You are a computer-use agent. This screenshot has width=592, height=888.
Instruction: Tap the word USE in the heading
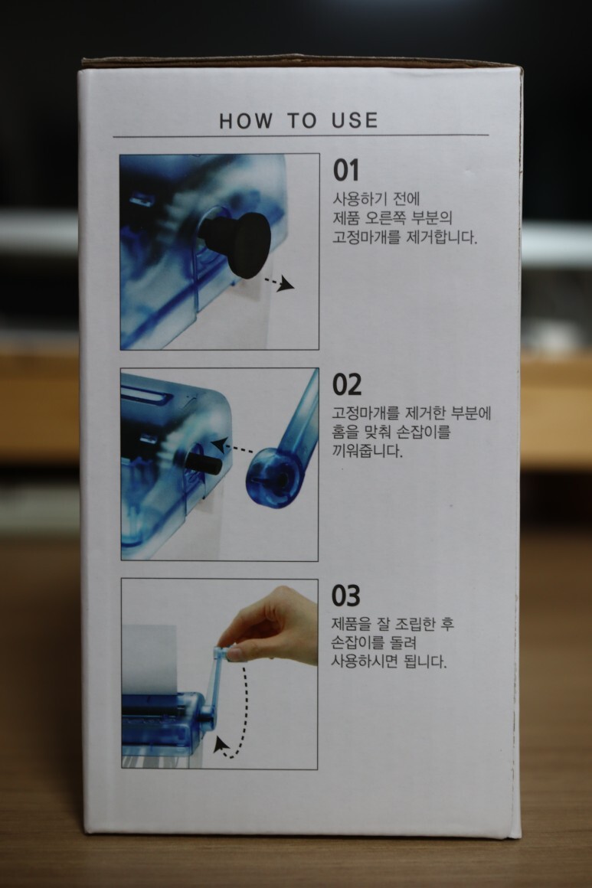tap(355, 120)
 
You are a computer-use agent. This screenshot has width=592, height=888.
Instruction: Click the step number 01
tap(345, 170)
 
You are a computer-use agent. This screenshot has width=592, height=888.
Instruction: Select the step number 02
tap(347, 384)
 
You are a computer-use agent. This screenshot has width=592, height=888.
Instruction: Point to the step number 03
tap(345, 596)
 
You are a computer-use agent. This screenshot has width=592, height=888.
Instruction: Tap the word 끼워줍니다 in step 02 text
tap(367, 452)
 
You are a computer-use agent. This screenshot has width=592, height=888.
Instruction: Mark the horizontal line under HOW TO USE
tap(301, 136)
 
